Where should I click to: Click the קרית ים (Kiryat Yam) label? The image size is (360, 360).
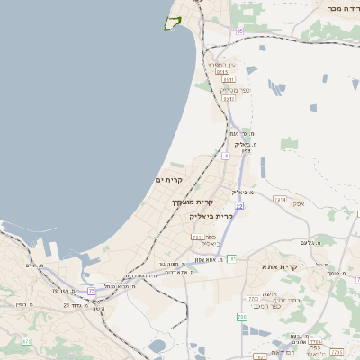point(169,180)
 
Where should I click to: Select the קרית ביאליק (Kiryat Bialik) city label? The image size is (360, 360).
point(211,217)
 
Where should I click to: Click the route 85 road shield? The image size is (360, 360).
point(239,31)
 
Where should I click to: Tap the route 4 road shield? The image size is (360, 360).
point(226,157)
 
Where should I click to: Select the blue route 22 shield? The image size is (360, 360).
point(239,206)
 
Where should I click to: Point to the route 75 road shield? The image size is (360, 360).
point(92,291)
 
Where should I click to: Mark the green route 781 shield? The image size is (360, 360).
point(231,259)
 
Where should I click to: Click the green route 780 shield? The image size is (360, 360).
point(241,318)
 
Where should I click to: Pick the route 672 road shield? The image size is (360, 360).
point(27,341)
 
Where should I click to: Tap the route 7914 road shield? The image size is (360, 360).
point(279,199)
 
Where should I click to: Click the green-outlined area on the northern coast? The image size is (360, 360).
point(173,22)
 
